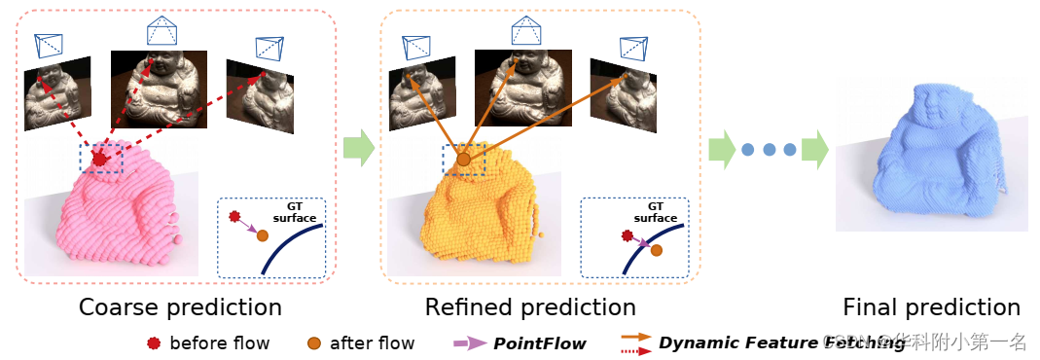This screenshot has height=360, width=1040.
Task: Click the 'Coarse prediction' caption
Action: click(x=180, y=308)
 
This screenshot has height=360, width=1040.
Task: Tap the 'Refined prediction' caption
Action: click(x=530, y=308)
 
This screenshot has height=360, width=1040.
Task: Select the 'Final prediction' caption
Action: click(x=931, y=308)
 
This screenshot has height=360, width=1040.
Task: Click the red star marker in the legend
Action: click(x=151, y=342)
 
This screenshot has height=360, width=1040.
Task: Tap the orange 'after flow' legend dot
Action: click(x=313, y=342)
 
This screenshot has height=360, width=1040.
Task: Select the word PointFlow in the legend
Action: click(x=539, y=342)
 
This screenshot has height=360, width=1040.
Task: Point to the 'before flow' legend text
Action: click(x=219, y=342)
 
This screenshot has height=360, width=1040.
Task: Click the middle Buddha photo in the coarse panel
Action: click(x=159, y=90)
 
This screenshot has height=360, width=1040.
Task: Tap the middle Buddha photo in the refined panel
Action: click(x=522, y=89)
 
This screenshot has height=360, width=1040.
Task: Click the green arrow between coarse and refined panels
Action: click(x=358, y=149)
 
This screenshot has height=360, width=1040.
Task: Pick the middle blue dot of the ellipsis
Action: click(x=769, y=150)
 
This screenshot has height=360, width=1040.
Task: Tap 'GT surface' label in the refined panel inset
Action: click(x=656, y=212)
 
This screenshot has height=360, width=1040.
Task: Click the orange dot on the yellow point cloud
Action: click(x=464, y=158)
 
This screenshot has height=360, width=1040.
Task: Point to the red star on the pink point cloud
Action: click(x=99, y=158)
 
